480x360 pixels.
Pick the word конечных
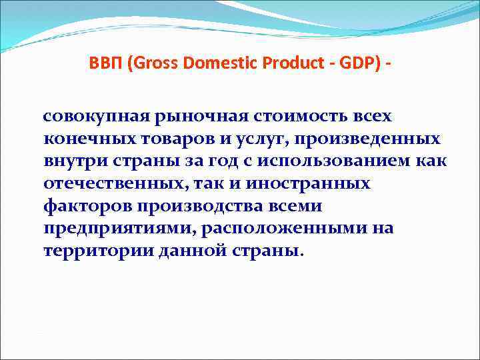(85, 139)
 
